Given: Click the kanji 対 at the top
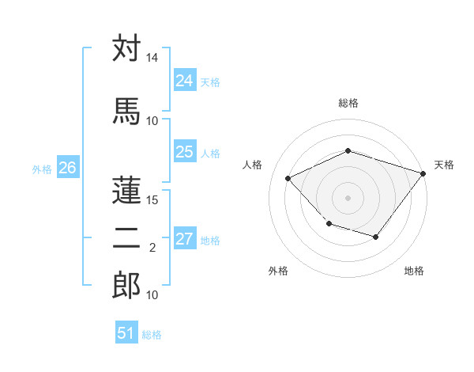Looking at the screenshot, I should [x=126, y=48].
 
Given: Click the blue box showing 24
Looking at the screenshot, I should [x=184, y=81].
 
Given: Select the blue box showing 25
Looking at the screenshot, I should [x=184, y=152].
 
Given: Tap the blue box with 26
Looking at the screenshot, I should [x=67, y=168].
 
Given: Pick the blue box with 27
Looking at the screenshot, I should [x=184, y=240].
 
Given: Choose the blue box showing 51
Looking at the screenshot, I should [x=126, y=333].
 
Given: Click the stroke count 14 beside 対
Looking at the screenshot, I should [x=152, y=59].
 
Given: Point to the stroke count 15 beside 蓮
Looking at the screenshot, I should [x=152, y=199].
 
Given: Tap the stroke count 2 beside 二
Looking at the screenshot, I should [x=152, y=248].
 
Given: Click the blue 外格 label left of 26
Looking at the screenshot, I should [x=42, y=169].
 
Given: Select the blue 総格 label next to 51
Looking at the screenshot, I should [x=152, y=335].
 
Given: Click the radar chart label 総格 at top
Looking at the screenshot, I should [x=348, y=104].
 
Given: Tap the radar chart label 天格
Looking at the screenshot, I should [x=444, y=165].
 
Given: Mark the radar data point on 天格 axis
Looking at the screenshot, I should [x=423, y=173].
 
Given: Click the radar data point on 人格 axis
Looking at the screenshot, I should [x=288, y=179].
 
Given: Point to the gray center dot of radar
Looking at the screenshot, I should [x=348, y=198].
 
